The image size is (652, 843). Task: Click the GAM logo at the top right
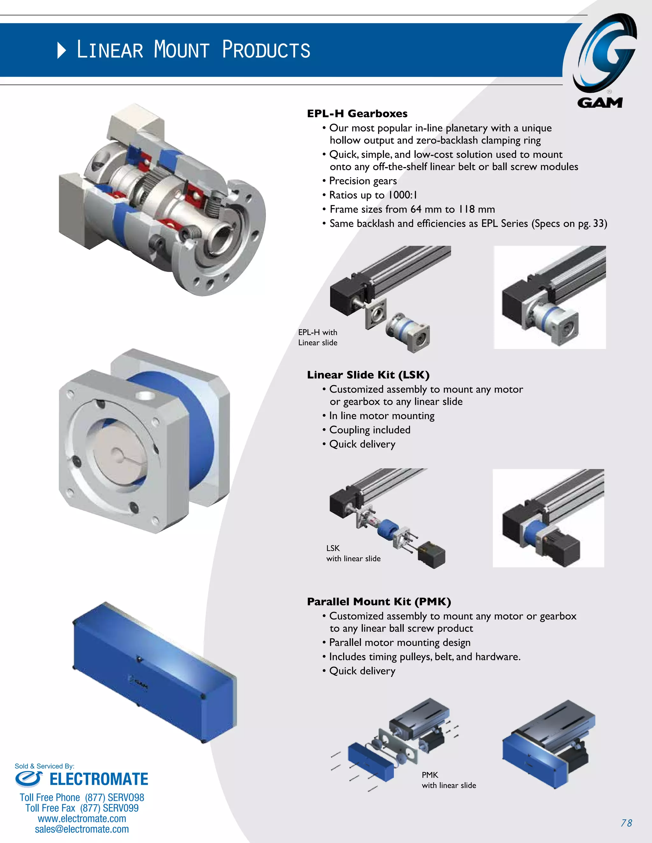pyautogui.click(x=605, y=60)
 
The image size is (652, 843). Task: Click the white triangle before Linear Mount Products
pyautogui.click(x=61, y=51)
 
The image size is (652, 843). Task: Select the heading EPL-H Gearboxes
pyautogui.click(x=357, y=114)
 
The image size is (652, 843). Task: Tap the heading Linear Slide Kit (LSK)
pyautogui.click(x=368, y=375)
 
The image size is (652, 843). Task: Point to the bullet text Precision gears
pyautogui.click(x=363, y=181)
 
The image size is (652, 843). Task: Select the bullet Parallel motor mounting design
pyautogui.click(x=400, y=642)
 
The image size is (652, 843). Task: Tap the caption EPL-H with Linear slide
pyautogui.click(x=317, y=337)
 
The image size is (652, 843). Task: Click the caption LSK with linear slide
pyautogui.click(x=353, y=553)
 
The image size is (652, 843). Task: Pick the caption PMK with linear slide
pyautogui.click(x=449, y=780)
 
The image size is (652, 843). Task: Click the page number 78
pyautogui.click(x=626, y=823)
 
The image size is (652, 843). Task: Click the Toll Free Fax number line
pyautogui.click(x=82, y=808)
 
